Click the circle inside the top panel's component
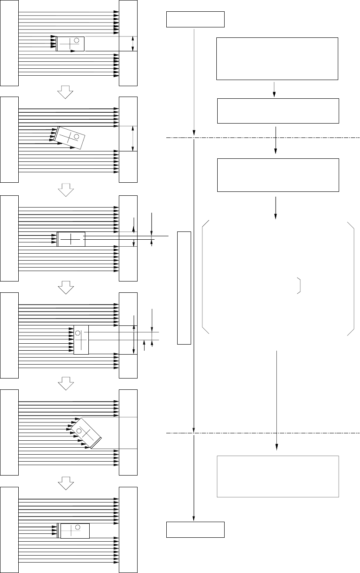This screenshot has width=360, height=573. pyautogui.click(x=77, y=40)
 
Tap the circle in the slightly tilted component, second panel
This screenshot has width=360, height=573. pyautogui.click(x=76, y=137)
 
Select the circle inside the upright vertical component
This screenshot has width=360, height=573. pyautogui.click(x=78, y=333)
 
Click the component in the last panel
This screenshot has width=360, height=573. pyautogui.click(x=74, y=531)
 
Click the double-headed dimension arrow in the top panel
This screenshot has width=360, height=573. pyautogui.click(x=133, y=44)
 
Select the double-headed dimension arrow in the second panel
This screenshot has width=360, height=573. pyautogui.click(x=132, y=139)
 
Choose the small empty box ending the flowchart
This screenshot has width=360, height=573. pyautogui.click(x=195, y=529)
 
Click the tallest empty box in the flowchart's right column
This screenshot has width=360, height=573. pyautogui.click(x=277, y=59)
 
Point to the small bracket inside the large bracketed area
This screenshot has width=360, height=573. pyautogui.click(x=299, y=285)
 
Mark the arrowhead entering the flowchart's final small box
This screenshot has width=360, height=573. pyautogui.click(x=193, y=519)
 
